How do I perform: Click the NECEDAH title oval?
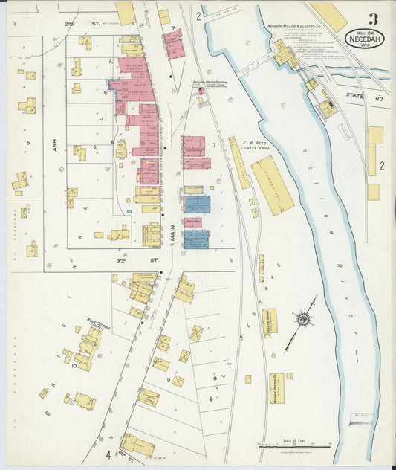click(364, 38)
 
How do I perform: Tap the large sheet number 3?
click(372, 19)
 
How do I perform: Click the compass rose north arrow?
click(302, 321)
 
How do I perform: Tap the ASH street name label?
click(55, 144)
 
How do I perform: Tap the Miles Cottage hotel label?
click(99, 321)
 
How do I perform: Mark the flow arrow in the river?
click(356, 354)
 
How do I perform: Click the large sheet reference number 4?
click(107, 454)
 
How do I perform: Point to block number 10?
click(74, 365)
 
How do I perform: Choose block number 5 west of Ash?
click(27, 141)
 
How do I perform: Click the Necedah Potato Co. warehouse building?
click(276, 387)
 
